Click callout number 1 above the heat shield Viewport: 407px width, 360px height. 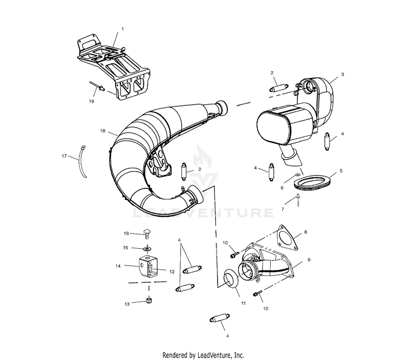coord(122,28)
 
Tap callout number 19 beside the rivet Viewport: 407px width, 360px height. coord(91,101)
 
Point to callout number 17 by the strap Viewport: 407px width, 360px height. coord(65,156)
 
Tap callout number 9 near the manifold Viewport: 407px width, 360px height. coord(309,260)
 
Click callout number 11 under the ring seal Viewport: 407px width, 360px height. coord(243,302)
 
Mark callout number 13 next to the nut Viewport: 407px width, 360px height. coord(127,304)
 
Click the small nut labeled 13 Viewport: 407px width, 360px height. coord(148,301)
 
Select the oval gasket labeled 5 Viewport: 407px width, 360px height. coord(310,181)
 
